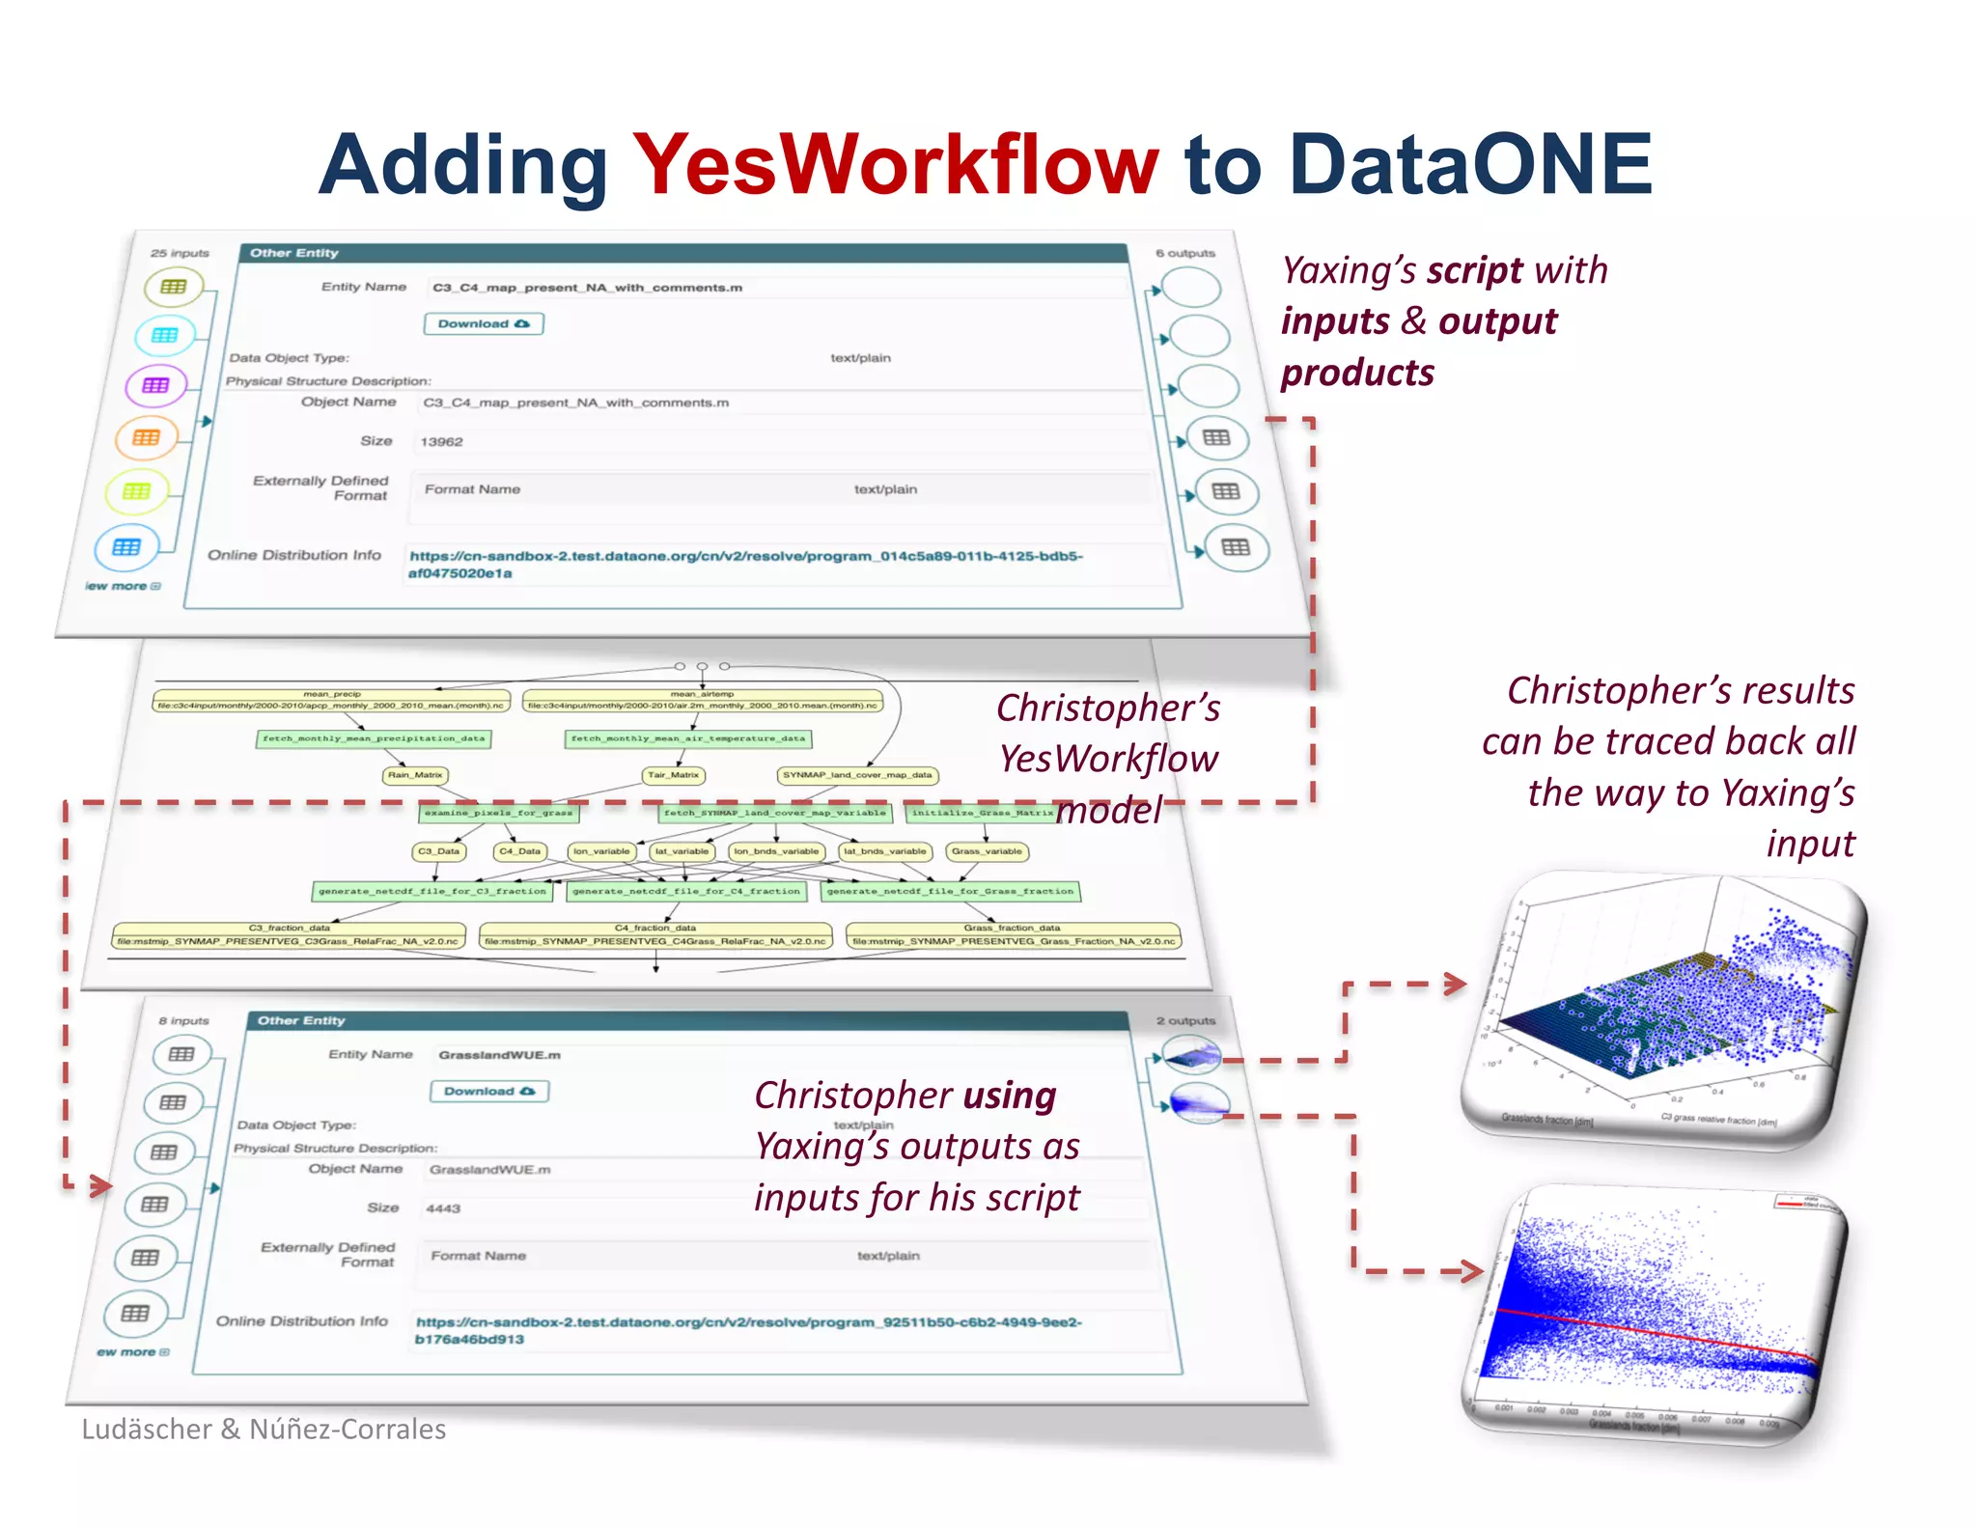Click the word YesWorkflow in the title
coord(895,164)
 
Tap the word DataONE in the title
coord(1469,164)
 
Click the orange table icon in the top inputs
coord(146,438)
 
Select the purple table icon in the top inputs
coord(154,386)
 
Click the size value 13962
coord(441,442)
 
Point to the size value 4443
coord(443,1208)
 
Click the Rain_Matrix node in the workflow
coord(415,775)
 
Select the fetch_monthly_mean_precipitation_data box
coord(373,738)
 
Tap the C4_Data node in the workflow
coord(519,851)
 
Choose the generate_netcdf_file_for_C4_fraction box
coord(686,891)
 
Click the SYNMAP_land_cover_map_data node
coord(857,775)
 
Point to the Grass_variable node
coord(987,851)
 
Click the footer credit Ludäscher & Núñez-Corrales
coord(264,1430)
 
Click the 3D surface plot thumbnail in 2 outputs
coord(1191,1056)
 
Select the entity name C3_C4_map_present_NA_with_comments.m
coord(587,288)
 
